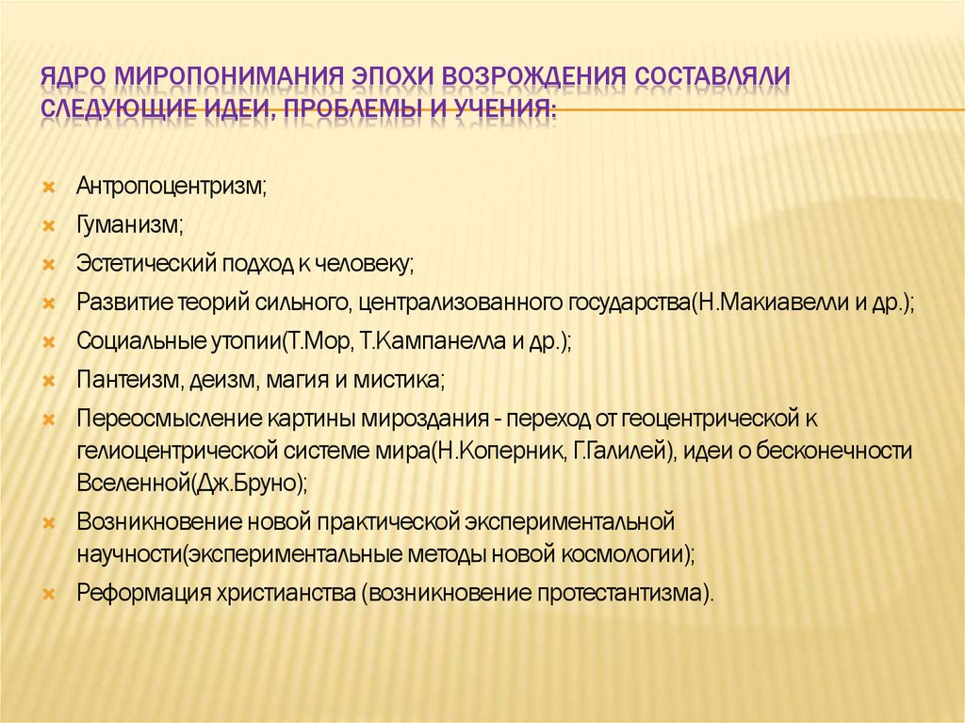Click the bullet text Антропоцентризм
pyautogui.click(x=172, y=187)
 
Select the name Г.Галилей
pyautogui.click(x=621, y=451)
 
